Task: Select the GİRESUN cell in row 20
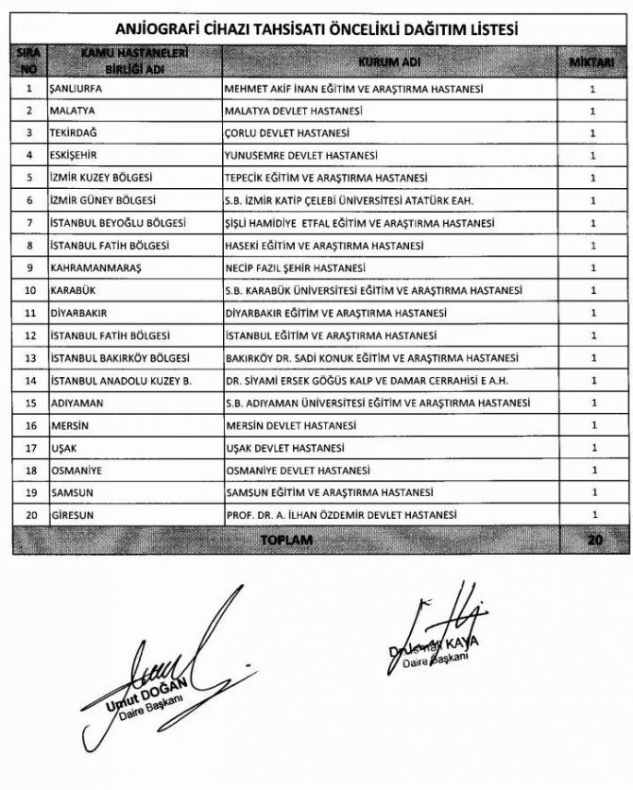pos(66,515)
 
